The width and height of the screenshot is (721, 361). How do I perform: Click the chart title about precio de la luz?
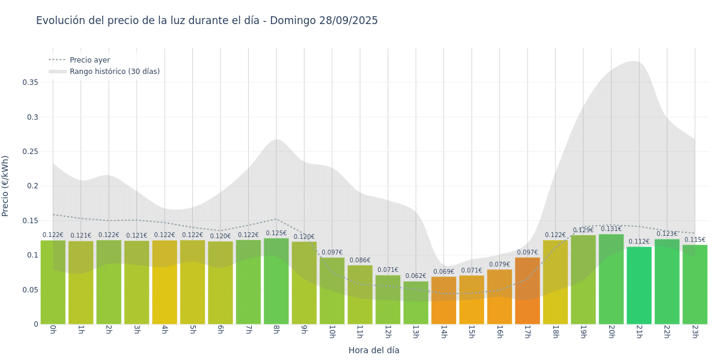point(207,20)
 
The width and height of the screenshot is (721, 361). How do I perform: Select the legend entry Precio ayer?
point(90,60)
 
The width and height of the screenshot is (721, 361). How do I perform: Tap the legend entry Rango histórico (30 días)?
point(114,72)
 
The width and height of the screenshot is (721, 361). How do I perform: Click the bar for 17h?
point(528,291)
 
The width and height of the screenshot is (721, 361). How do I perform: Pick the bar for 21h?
point(639,286)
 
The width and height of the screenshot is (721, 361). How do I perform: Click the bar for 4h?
point(165,283)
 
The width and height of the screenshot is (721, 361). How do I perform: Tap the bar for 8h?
point(276,282)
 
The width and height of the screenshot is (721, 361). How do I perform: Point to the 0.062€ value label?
point(416,276)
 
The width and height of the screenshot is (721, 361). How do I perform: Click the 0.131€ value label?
point(611,229)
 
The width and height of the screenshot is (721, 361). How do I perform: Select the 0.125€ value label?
point(276,233)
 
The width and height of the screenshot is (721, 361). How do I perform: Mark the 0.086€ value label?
point(360,261)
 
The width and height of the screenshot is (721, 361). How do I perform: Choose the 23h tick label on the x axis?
point(695,332)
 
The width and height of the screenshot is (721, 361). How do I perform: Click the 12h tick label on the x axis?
point(388,332)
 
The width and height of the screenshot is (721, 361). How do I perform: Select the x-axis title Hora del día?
point(374,350)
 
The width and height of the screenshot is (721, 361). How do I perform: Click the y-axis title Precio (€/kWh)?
point(5,186)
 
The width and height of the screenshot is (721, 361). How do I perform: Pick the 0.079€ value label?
point(499,265)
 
